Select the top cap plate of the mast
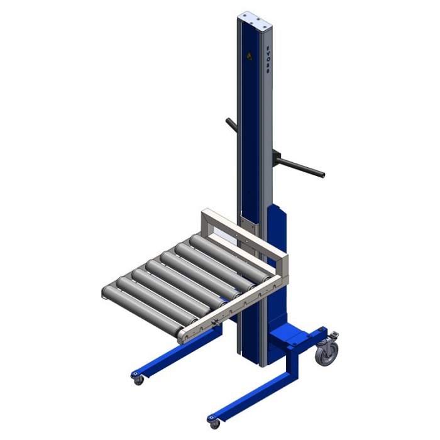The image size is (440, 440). pos(258,18)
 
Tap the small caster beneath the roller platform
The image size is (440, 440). pos(137,378)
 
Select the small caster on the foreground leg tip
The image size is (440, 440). pos(214,421)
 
